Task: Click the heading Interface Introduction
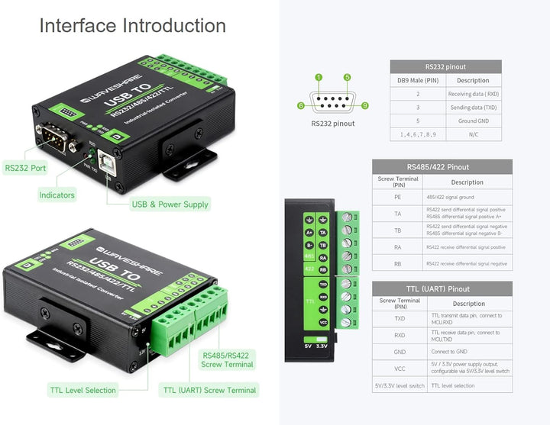(132, 25)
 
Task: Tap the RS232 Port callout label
(25, 168)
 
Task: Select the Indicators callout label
(57, 195)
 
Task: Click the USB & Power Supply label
(170, 204)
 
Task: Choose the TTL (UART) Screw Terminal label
(209, 390)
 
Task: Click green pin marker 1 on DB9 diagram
(319, 77)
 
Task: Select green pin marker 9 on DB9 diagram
(364, 105)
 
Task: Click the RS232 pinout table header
(445, 66)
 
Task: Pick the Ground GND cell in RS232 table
(473, 121)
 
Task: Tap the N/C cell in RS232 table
(473, 134)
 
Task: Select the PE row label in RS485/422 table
(398, 197)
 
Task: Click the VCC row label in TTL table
(399, 368)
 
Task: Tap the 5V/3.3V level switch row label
(399, 385)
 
